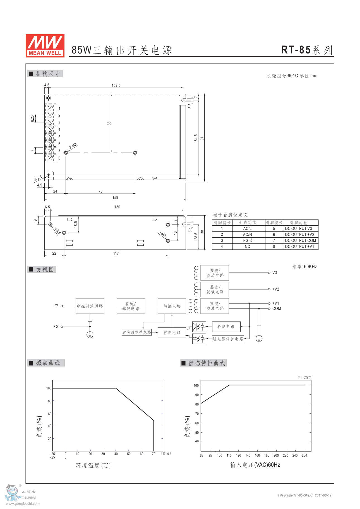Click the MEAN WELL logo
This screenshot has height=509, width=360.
click(45, 46)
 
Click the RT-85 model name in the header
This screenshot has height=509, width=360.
click(296, 50)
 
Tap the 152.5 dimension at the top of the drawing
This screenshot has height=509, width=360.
click(116, 85)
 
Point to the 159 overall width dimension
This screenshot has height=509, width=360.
click(115, 197)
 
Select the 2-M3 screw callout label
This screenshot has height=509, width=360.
click(73, 146)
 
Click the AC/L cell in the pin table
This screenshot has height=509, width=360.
click(247, 228)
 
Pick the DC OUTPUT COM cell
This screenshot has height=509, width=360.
click(300, 240)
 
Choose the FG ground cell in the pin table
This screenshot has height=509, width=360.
click(248, 240)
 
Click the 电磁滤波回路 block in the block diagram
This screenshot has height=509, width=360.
click(90, 306)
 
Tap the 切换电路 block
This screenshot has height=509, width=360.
click(172, 306)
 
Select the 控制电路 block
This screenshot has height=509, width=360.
click(172, 332)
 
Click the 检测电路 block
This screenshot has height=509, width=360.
click(226, 327)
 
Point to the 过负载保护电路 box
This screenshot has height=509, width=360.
click(136, 332)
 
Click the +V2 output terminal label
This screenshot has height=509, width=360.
click(275, 289)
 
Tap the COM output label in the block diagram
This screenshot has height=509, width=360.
click(277, 308)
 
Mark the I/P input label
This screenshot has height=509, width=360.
click(56, 306)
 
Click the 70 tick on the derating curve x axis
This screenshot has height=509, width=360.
click(153, 454)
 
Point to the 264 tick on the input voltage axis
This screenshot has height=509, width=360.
click(304, 455)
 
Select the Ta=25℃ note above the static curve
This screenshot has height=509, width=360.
click(304, 378)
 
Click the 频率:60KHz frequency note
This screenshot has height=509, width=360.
click(304, 267)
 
